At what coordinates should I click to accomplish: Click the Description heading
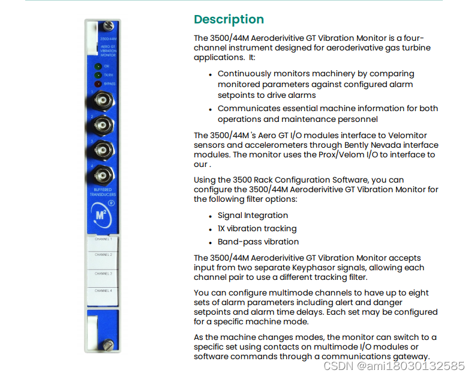(229, 19)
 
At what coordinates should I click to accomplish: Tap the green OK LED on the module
(98, 66)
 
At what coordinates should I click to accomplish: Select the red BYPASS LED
(98, 84)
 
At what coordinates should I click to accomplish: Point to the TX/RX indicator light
(98, 75)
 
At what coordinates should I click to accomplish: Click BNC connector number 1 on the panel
(103, 100)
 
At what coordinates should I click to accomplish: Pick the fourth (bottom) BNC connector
(103, 175)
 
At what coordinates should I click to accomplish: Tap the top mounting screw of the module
(108, 26)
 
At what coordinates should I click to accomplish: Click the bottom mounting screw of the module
(108, 345)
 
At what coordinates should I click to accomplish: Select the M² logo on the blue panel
(101, 215)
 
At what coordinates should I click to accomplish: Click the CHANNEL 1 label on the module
(103, 239)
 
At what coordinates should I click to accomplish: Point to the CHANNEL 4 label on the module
(103, 291)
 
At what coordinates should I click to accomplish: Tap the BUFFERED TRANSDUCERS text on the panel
(103, 192)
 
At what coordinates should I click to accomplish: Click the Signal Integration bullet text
(253, 216)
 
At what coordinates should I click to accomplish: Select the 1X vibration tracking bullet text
(257, 229)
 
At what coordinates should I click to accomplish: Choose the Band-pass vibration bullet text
(258, 241)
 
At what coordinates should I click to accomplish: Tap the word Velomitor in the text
(407, 135)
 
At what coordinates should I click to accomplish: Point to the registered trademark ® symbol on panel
(111, 203)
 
